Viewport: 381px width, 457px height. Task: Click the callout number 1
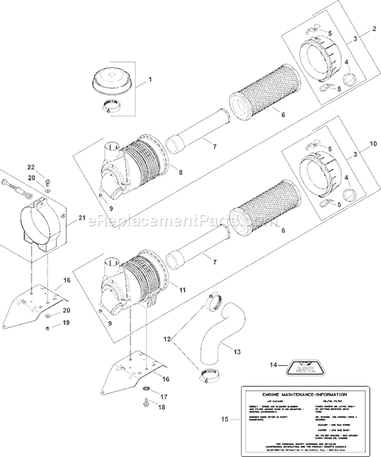point(150,80)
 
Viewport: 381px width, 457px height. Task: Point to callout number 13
point(238,351)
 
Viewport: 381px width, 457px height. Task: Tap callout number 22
point(30,167)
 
